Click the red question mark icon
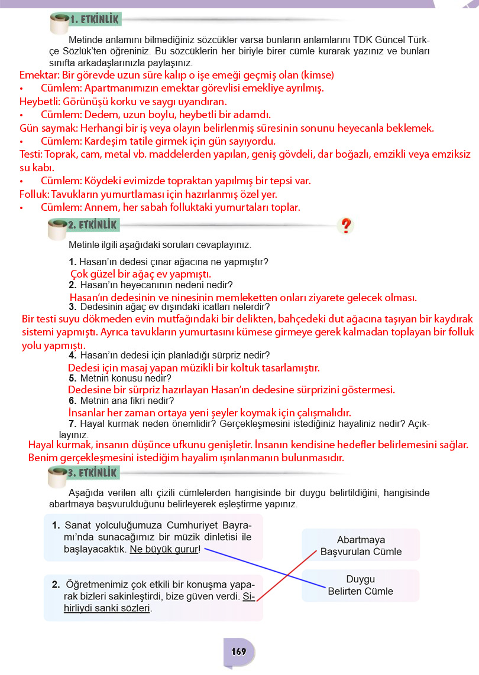346,226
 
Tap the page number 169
239,652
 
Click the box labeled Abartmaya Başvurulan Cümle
361,546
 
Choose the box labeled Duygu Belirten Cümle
361,585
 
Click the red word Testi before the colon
30,154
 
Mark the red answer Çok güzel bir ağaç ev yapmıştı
141,274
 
